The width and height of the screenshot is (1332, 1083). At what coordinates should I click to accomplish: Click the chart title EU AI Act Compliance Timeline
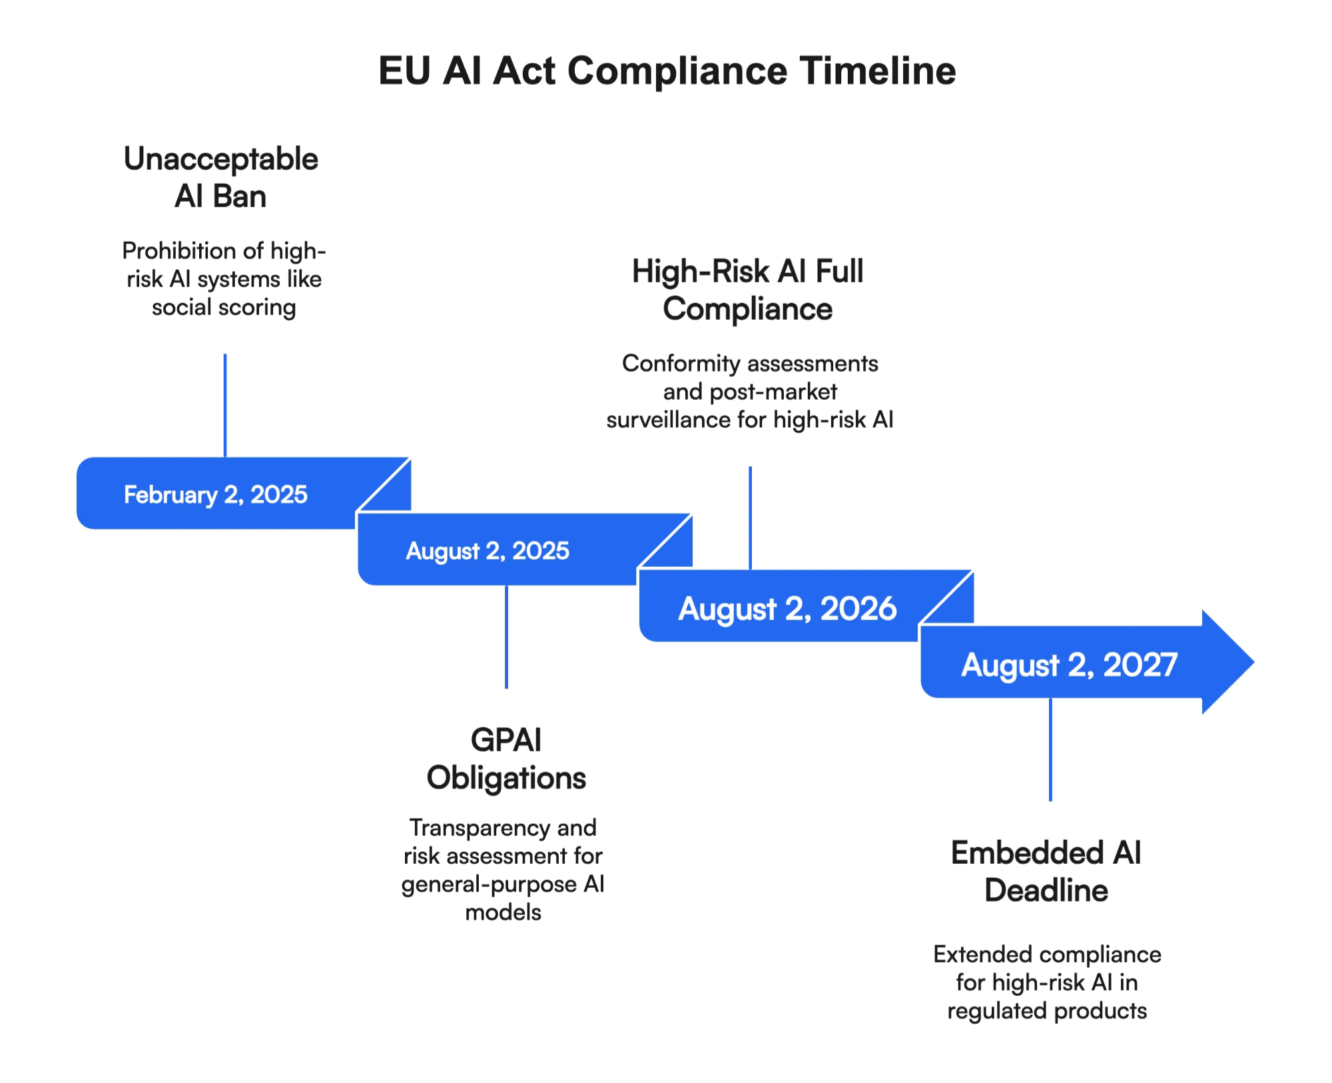click(x=667, y=71)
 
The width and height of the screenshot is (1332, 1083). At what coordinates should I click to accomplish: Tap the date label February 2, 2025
click(x=216, y=495)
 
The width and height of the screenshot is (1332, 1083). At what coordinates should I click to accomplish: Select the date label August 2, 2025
click(x=488, y=551)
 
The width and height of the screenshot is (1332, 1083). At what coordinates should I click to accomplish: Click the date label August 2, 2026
click(x=787, y=609)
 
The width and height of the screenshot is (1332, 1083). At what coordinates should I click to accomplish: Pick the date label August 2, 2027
click(x=1069, y=665)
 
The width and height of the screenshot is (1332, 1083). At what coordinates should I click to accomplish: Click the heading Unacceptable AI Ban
click(x=221, y=177)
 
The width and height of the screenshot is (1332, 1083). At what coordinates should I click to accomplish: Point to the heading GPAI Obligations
click(x=506, y=759)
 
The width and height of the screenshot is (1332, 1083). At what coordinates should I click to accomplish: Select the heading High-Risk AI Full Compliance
click(x=748, y=290)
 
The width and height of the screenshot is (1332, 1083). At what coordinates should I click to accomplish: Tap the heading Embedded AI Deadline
click(x=1046, y=871)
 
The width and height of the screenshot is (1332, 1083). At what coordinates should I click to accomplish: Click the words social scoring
click(x=224, y=308)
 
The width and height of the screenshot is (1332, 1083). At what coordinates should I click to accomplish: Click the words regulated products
click(x=1047, y=1011)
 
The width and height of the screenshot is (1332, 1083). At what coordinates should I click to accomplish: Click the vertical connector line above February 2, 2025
click(x=225, y=404)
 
